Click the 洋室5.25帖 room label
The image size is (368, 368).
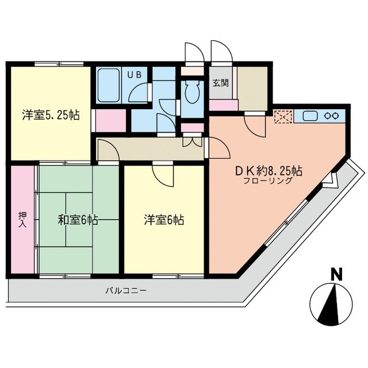(51, 114)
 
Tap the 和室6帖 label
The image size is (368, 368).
(78, 219)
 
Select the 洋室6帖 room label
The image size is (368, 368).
(164, 219)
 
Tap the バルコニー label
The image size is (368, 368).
(125, 290)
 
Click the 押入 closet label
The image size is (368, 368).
(22, 220)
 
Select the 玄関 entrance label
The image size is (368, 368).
(220, 83)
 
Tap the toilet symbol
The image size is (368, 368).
(191, 92)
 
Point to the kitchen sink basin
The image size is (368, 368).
(309, 115)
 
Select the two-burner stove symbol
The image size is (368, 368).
(332, 115)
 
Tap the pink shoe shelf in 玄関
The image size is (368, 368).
(224, 105)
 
